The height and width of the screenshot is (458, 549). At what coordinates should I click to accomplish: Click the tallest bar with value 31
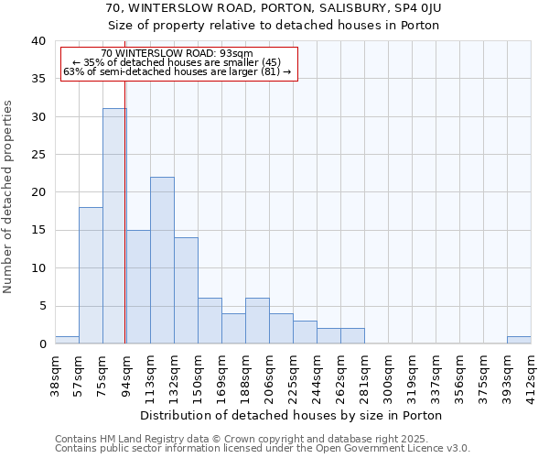tap(114, 226)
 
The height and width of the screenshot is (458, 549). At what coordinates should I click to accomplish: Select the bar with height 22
tap(162, 260)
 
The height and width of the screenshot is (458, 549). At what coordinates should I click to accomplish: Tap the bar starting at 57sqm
tap(91, 275)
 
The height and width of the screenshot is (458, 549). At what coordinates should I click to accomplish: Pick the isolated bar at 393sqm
tap(519, 340)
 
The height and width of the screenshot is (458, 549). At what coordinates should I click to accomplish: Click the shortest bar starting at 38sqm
tap(67, 340)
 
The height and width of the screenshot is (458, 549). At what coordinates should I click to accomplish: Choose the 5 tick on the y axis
tap(41, 306)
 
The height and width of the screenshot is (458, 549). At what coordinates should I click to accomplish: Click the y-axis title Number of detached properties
tap(8, 192)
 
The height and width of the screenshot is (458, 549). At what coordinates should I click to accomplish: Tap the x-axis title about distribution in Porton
tap(293, 415)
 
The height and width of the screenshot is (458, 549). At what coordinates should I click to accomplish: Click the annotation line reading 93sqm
tap(178, 54)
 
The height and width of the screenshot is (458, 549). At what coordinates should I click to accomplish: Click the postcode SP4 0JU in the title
tap(421, 8)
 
